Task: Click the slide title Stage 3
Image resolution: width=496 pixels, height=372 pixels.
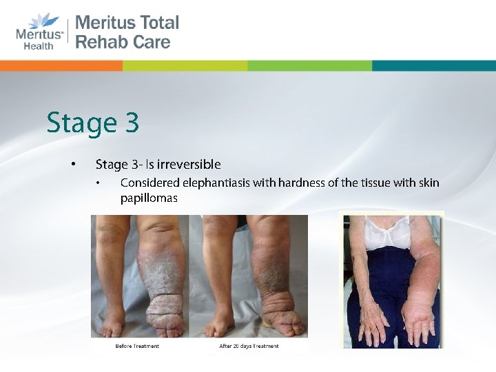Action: [93, 123]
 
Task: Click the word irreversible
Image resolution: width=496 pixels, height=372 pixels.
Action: [189, 165]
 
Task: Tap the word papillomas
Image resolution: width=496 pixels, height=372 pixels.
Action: [149, 198]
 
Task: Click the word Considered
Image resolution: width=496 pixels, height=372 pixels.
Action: [149, 183]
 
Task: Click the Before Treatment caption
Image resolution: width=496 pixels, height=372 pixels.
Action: [137, 346]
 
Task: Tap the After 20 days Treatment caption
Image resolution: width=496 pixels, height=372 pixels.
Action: [249, 346]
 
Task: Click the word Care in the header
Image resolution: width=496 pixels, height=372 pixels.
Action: [152, 41]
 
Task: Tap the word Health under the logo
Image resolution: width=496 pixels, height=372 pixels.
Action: [38, 46]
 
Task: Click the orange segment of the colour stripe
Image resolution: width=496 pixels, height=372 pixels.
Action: [62, 66]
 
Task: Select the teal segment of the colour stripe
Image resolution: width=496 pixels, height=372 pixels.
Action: [434, 66]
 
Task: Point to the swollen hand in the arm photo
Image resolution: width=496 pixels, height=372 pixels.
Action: [421, 324]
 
